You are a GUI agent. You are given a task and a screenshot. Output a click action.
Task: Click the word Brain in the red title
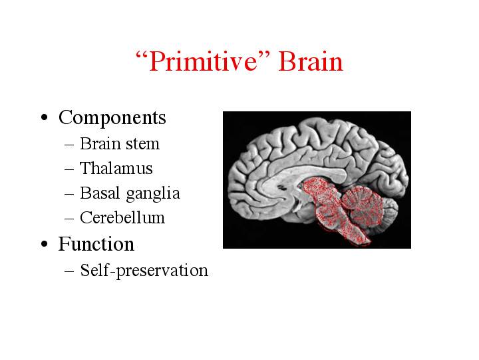(x=311, y=62)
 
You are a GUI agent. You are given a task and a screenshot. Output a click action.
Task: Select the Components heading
(x=112, y=117)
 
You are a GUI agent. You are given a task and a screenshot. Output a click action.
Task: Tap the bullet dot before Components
(x=45, y=117)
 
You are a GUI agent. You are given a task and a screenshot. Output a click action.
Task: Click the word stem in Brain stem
(x=143, y=144)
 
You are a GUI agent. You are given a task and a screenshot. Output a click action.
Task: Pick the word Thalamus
(x=116, y=168)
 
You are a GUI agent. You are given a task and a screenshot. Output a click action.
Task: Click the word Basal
(x=100, y=193)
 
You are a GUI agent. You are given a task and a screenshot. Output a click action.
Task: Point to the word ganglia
(x=153, y=195)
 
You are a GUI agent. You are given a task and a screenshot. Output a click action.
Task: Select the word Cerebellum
(x=122, y=217)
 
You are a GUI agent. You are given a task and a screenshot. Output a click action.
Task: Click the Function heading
(x=96, y=244)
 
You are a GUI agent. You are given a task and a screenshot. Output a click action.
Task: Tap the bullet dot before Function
(x=45, y=244)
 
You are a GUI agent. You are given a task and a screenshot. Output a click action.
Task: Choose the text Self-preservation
(x=144, y=271)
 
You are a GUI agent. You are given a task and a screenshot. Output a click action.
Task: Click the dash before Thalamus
(x=69, y=169)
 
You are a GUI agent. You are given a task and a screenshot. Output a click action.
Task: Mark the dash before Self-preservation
(x=69, y=271)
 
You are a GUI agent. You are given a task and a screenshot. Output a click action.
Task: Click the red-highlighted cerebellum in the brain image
(x=361, y=205)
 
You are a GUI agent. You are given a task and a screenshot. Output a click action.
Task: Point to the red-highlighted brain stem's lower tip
(x=367, y=244)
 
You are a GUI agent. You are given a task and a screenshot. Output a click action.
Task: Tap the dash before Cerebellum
(x=69, y=219)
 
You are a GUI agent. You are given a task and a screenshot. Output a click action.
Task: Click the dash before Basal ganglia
(x=69, y=194)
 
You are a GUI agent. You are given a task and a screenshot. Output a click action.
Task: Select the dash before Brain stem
(x=69, y=145)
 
